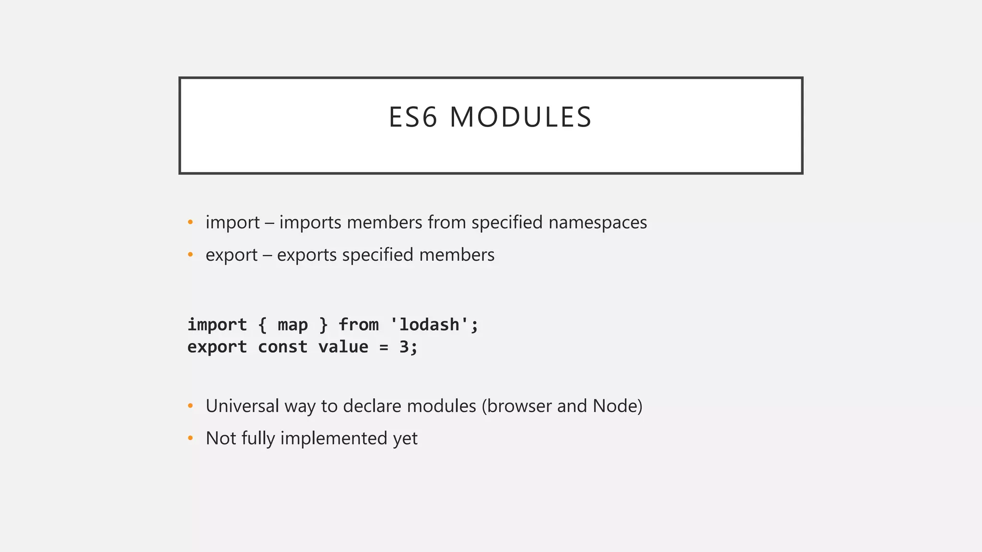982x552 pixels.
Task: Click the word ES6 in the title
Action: tap(412, 117)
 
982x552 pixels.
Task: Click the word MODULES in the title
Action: tap(521, 117)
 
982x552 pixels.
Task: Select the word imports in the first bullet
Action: tap(310, 222)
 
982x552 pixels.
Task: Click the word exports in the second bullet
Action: tap(307, 255)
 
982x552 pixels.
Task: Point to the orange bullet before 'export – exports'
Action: tap(190, 255)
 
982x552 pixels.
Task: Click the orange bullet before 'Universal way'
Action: tap(190, 406)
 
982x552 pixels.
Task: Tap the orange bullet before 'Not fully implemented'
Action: tap(190, 438)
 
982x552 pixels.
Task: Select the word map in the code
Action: tap(292, 325)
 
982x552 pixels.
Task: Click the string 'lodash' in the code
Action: tap(429, 325)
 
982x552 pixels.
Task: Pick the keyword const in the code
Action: tap(282, 347)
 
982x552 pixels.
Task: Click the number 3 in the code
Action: tap(404, 347)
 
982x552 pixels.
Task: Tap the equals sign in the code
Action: tap(384, 347)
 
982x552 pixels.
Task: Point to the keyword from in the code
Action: tap(358, 325)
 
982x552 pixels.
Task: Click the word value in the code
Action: tap(343, 347)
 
